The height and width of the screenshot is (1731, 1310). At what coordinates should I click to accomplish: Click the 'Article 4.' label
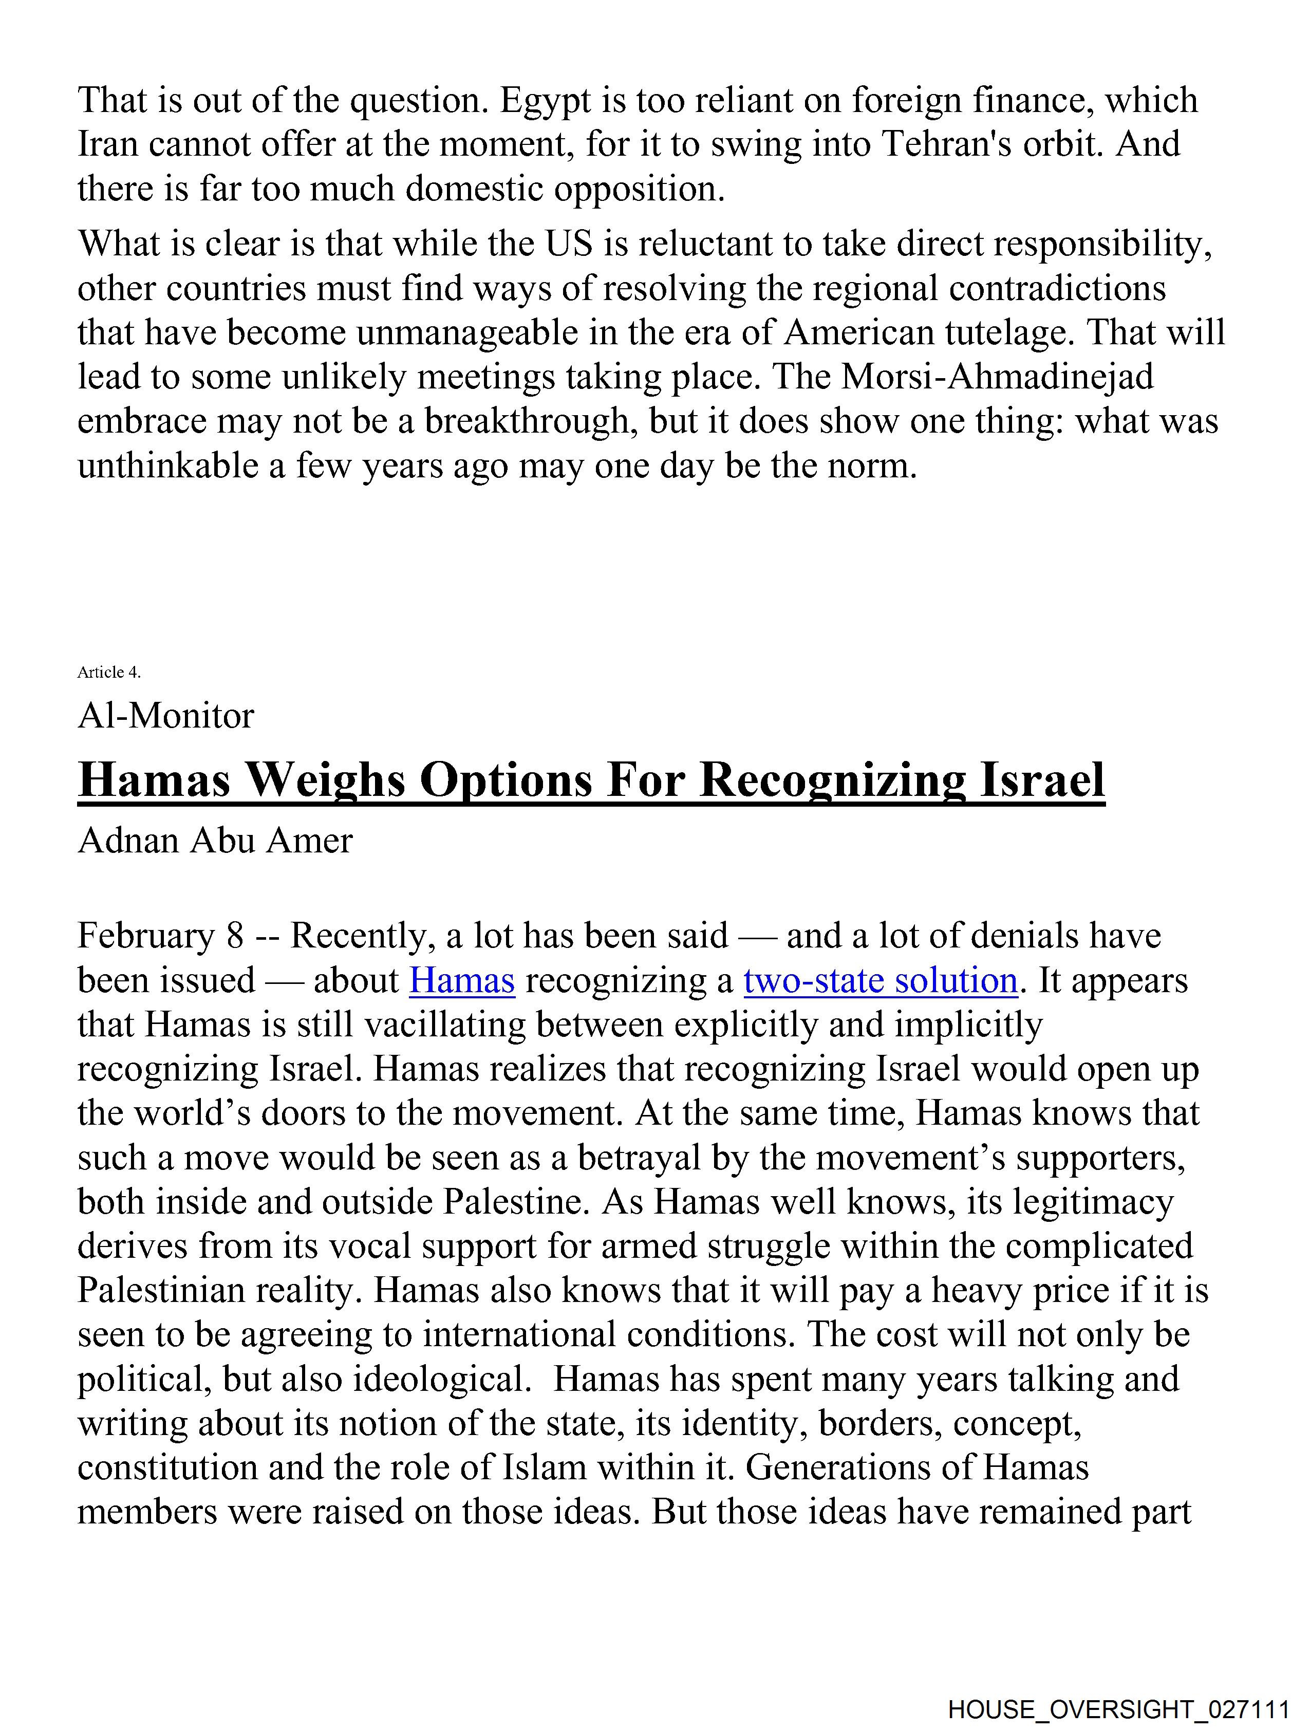tap(109, 672)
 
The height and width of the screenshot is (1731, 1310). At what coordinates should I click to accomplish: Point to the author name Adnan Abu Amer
tap(215, 841)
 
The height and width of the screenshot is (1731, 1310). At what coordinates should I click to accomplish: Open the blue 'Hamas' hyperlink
tap(462, 980)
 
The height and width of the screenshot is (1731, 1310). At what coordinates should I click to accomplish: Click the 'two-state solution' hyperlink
tap(881, 980)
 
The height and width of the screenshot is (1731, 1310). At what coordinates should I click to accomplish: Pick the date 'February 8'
tap(160, 936)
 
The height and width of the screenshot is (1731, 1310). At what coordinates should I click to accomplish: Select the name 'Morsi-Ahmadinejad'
tap(998, 377)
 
